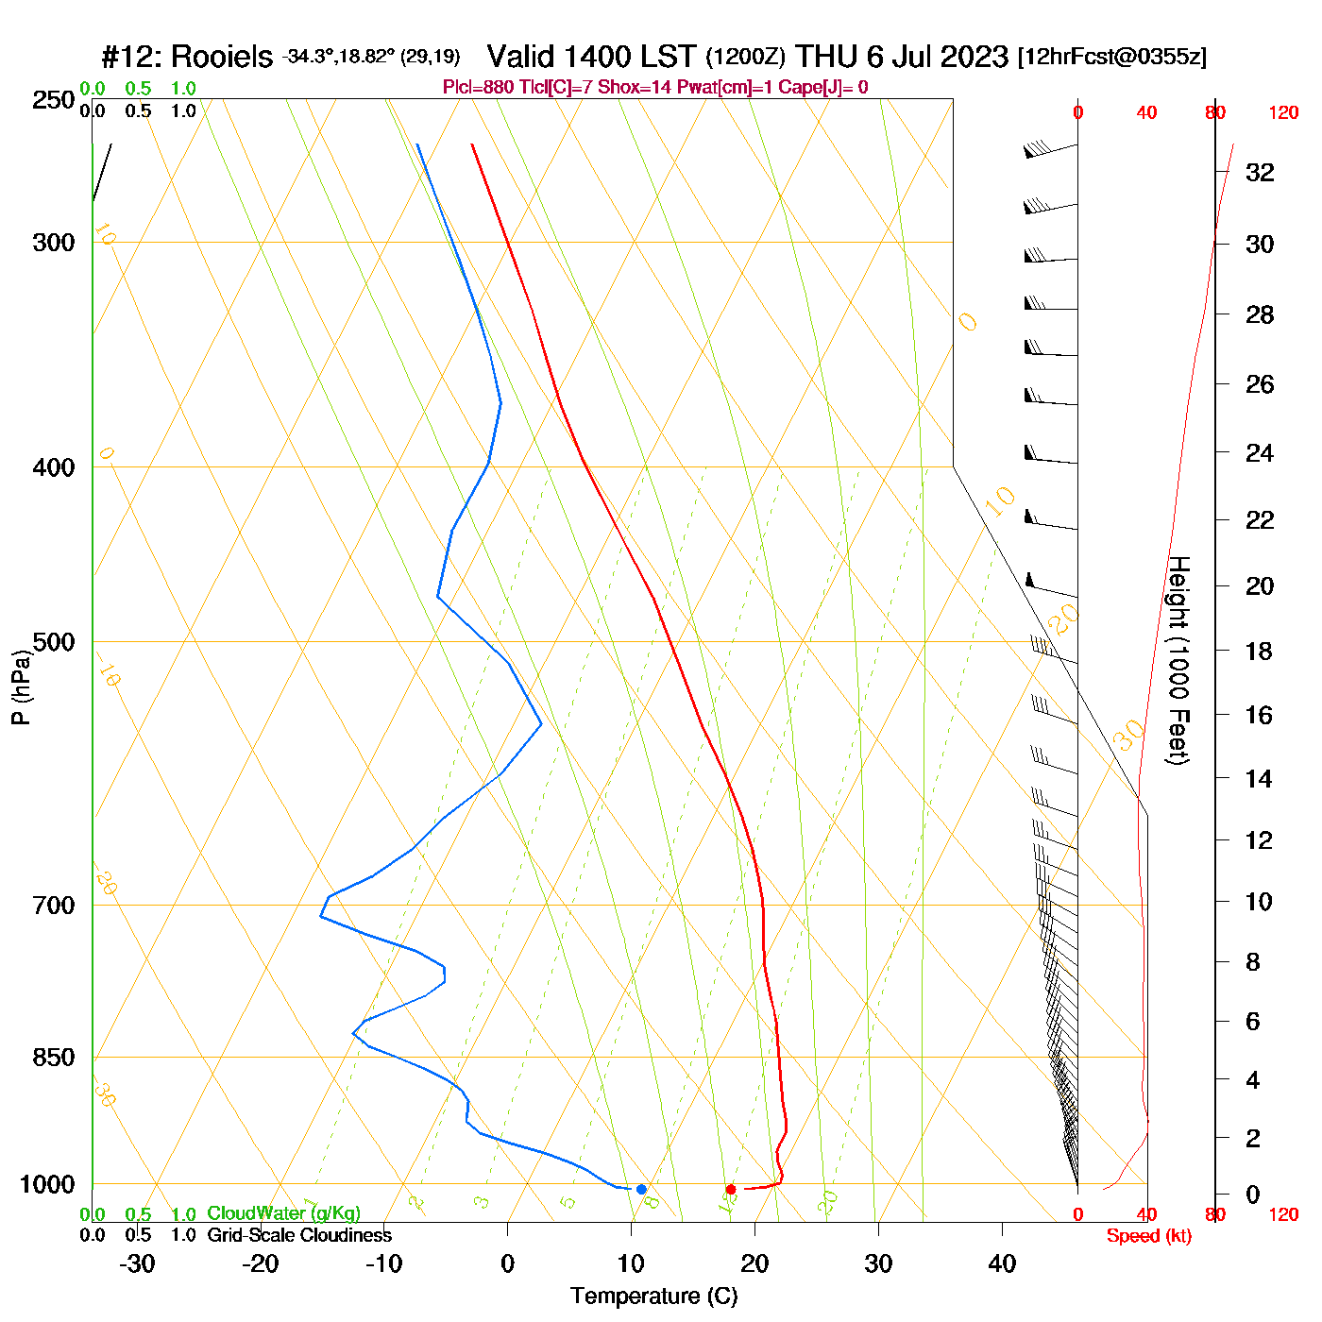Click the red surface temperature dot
(731, 1189)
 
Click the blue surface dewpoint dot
(641, 1189)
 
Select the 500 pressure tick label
(54, 642)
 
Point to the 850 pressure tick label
(54, 1058)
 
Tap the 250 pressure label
(54, 100)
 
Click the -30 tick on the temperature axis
(137, 1263)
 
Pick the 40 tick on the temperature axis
(1002, 1263)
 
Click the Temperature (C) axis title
(653, 1296)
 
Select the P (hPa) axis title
(21, 686)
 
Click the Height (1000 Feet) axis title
(1178, 660)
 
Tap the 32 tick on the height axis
(1260, 173)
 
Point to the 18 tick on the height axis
(1260, 651)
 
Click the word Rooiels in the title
(223, 57)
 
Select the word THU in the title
(826, 57)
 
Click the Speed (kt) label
(1149, 1236)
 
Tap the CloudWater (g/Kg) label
(283, 1213)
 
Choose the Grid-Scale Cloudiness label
(299, 1235)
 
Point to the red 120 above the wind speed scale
(1283, 113)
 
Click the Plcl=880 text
(479, 88)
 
